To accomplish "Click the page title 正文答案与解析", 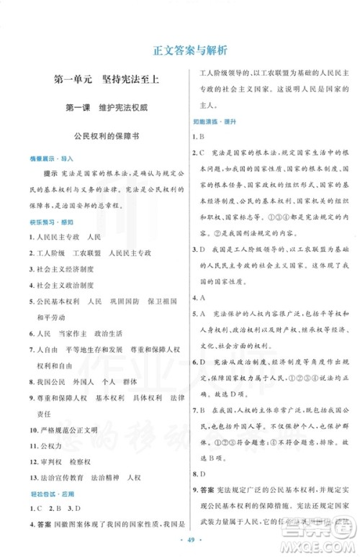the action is (180, 51).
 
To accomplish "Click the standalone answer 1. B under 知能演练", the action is (199, 136).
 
